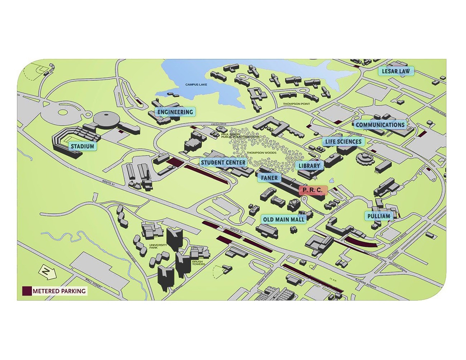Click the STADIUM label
[82, 146]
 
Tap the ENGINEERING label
[175, 112]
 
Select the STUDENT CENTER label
[223, 163]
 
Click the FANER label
[269, 178]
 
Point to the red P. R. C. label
[312, 190]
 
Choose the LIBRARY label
[309, 165]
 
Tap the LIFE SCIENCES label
[343, 141]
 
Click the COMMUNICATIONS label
[380, 125]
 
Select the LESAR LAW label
[395, 71]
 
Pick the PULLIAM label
[378, 216]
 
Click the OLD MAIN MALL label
[283, 219]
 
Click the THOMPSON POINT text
[296, 104]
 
